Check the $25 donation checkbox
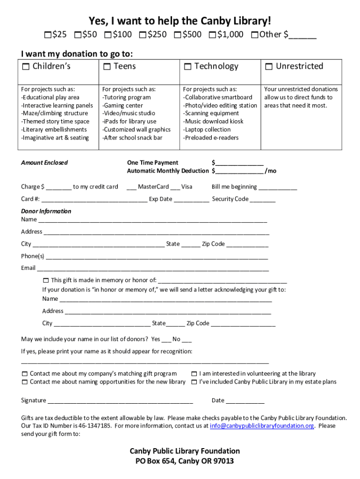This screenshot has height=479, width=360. (48, 35)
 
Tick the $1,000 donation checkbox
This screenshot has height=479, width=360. (213, 35)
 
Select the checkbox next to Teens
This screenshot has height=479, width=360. (107, 67)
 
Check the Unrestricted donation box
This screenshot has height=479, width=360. (269, 67)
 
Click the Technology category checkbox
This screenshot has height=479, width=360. (187, 67)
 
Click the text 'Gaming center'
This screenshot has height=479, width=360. (122, 105)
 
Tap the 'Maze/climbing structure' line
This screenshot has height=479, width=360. (54, 113)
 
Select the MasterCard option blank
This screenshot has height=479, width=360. (131, 188)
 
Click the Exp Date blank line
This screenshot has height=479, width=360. (191, 200)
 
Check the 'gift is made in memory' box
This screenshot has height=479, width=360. (46, 281)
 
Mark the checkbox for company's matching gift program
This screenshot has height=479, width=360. (24, 374)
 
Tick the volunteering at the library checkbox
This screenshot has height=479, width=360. (194, 374)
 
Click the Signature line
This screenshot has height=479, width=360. (120, 401)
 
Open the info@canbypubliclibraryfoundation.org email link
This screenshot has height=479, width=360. (262, 426)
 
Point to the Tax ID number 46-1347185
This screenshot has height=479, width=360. (95, 426)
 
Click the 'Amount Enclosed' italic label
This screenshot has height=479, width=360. (44, 163)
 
